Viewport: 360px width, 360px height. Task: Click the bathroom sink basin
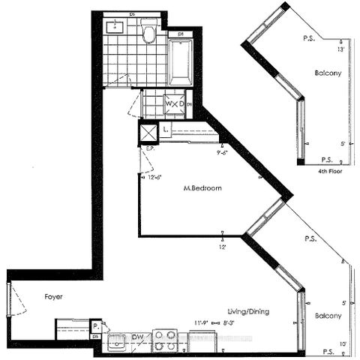115,28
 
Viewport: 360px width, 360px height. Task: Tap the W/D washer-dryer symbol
174,103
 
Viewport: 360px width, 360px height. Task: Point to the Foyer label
52,297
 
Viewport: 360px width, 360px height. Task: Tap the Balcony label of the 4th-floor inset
328,73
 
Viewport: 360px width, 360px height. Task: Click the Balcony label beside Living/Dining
328,316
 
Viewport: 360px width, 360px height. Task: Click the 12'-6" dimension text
154,177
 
